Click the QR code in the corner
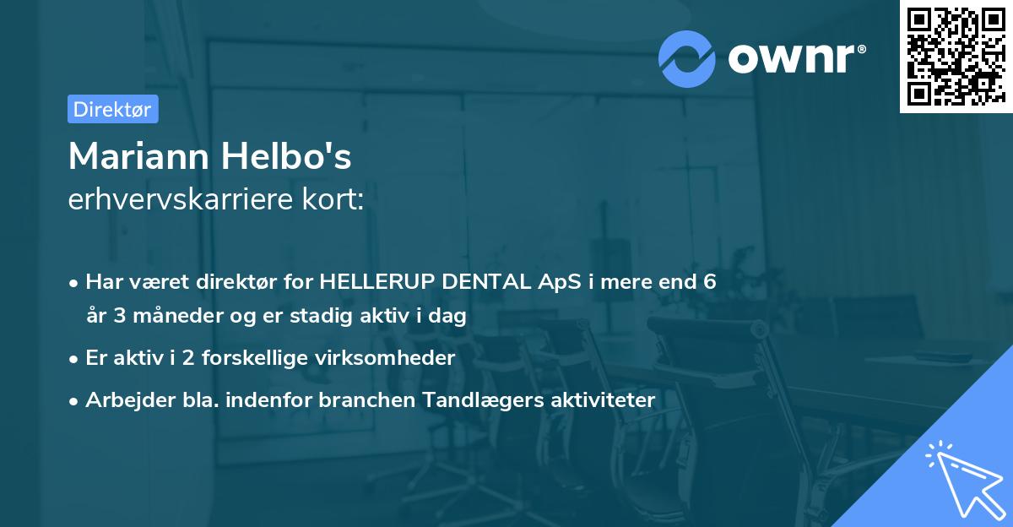(x=956, y=57)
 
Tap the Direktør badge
(x=112, y=109)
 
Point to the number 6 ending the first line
(x=710, y=282)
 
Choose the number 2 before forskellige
(x=176, y=357)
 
